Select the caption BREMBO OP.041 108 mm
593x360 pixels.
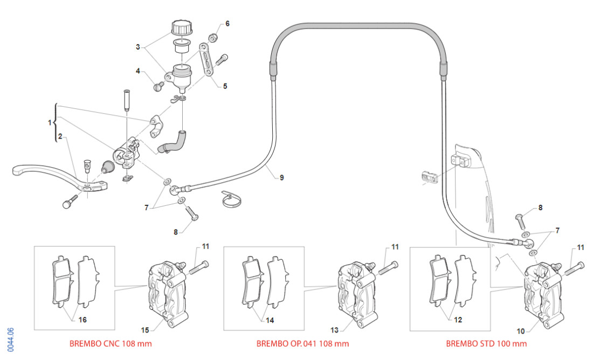tap(302, 343)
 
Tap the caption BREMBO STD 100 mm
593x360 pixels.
tap(486, 343)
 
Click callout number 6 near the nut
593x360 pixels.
tap(227, 24)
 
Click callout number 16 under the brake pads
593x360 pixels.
tap(82, 320)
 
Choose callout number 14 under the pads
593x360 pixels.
tap(270, 320)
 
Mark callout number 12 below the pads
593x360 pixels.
tap(458, 320)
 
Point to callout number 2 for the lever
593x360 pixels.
tap(61, 136)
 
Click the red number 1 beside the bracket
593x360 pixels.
tap(50, 122)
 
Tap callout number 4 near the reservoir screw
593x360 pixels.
tap(139, 71)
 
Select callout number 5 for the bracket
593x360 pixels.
tap(225, 85)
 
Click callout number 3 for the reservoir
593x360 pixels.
tap(138, 47)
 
